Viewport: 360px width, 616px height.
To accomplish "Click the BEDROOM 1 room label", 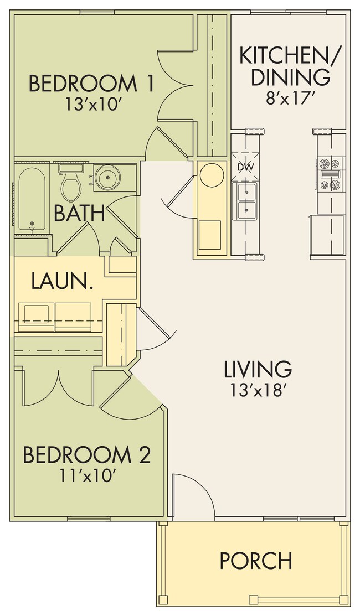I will click(x=91, y=84).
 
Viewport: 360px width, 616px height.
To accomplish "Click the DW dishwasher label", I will click(x=245, y=167).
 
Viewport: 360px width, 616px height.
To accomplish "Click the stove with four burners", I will click(x=330, y=174).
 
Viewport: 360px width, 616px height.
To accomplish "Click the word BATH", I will click(x=79, y=213).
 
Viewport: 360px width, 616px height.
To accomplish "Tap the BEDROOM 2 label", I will click(x=86, y=455).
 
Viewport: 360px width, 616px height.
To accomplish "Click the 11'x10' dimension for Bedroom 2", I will click(x=86, y=475).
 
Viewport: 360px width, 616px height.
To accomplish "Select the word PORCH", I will click(x=255, y=560).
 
